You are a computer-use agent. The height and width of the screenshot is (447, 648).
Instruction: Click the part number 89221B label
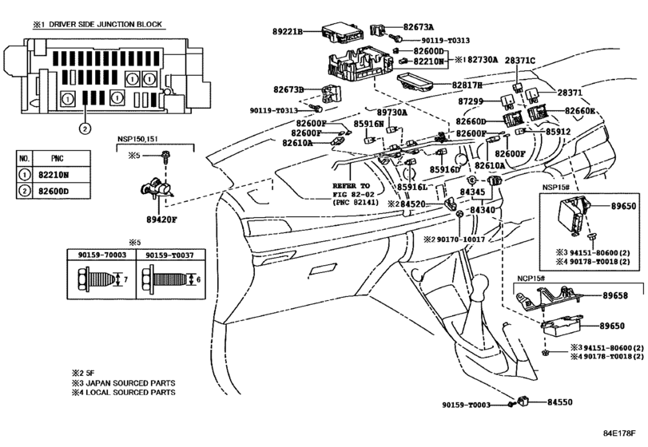coord(288,31)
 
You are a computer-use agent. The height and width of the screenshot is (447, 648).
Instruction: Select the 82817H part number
coord(467,85)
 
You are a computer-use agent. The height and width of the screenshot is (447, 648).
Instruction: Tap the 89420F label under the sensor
coord(161,220)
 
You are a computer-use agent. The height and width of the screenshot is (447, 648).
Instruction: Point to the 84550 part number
coord(560,402)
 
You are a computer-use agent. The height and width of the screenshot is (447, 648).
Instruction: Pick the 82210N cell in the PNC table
coord(54,175)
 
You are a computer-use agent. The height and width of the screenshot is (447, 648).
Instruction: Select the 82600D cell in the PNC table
coord(54,191)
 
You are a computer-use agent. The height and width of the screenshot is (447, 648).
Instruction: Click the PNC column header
coord(57,159)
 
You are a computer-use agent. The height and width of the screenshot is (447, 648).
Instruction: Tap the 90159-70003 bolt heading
coord(102,255)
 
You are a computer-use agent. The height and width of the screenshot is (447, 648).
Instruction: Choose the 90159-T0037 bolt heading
coord(169,255)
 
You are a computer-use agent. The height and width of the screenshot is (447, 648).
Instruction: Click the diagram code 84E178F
coord(618,433)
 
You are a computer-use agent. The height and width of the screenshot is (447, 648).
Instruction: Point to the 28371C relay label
coord(520,61)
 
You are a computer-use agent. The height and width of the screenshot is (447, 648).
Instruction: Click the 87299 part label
coord(471,101)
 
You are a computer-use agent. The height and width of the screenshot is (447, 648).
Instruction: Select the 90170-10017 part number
coord(461,239)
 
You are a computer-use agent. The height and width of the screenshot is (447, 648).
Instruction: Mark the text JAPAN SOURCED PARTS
coord(130,383)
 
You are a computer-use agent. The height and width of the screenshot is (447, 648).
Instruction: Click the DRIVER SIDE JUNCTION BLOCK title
coord(105,25)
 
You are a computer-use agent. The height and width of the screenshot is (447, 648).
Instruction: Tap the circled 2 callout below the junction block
coord(85,129)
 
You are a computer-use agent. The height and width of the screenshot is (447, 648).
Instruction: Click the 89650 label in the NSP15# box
coord(623,207)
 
